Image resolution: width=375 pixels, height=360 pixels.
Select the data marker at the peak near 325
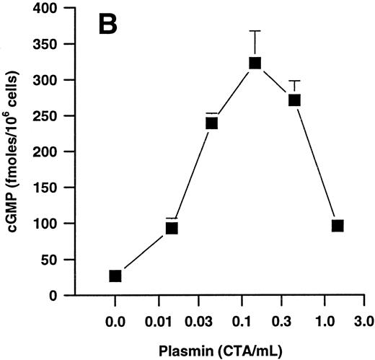pos(255,63)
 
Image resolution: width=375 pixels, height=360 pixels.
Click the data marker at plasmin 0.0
pos(115,276)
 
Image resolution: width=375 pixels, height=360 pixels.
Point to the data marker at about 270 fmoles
pos(294,100)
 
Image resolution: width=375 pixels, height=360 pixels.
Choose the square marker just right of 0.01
pos(172,228)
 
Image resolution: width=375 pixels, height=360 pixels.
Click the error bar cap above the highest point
pos(255,31)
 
